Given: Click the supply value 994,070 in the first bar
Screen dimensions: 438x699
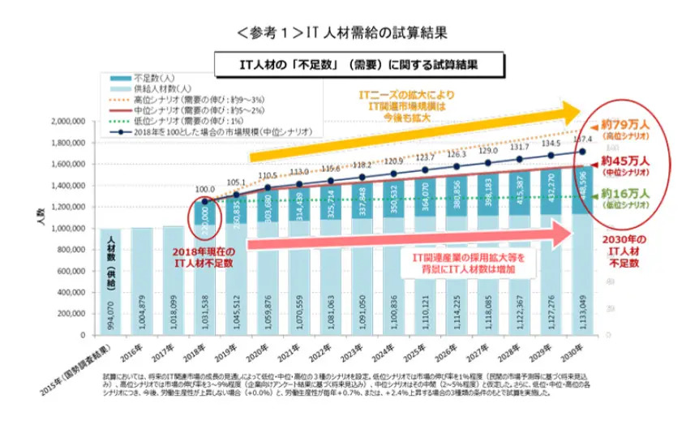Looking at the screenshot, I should coord(109,310).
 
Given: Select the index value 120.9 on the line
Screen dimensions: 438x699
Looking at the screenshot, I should coord(393,161).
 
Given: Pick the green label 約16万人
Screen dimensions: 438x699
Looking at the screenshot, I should coord(626,194).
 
